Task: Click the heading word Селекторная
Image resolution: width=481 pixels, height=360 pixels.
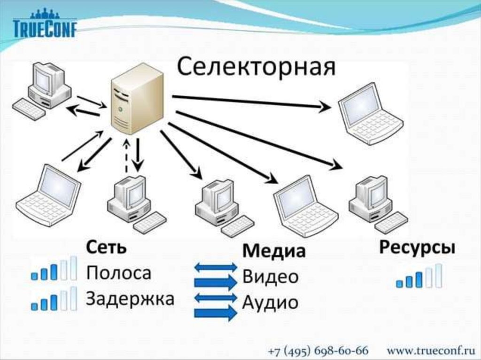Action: click(256, 67)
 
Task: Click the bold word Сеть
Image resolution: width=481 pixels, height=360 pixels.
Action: click(106, 247)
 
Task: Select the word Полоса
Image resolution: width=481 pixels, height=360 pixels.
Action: click(118, 273)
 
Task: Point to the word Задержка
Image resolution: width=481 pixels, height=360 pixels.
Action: click(130, 298)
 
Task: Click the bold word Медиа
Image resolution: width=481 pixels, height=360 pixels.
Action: click(274, 251)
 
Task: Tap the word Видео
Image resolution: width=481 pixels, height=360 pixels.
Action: click(270, 277)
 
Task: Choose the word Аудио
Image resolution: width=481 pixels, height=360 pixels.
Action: click(270, 302)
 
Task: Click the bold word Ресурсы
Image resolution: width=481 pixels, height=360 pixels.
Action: click(417, 248)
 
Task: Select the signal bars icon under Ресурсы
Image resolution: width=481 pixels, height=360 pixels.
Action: click(419, 276)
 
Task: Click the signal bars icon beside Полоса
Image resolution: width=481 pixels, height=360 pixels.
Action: click(54, 269)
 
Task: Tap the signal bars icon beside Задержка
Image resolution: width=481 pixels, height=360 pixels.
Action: click(54, 299)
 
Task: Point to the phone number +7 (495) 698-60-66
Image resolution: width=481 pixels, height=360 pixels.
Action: click(318, 351)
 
